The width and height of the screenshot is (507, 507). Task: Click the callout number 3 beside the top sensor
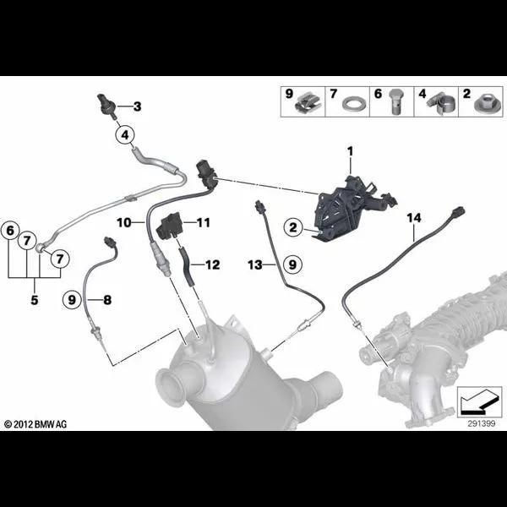pyautogui.click(x=138, y=106)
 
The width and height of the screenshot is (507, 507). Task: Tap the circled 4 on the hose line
pyautogui.click(x=125, y=135)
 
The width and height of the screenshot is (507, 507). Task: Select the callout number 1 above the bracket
pyautogui.click(x=350, y=151)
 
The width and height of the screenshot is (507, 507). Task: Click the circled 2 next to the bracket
pyautogui.click(x=293, y=227)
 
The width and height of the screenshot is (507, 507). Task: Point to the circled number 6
pyautogui.click(x=10, y=231)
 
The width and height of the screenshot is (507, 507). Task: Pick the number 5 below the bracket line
pyautogui.click(x=35, y=300)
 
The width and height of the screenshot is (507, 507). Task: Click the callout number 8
pyautogui.click(x=107, y=300)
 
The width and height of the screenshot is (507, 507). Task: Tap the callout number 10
pyautogui.click(x=124, y=222)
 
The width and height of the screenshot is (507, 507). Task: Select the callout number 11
pyautogui.click(x=204, y=222)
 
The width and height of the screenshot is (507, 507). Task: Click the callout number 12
pyautogui.click(x=213, y=264)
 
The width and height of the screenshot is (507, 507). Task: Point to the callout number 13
pyautogui.click(x=255, y=264)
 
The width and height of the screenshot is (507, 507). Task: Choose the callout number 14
pyautogui.click(x=414, y=218)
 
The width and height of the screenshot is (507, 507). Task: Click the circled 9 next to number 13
pyautogui.click(x=292, y=264)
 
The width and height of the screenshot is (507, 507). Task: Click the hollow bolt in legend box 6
pyautogui.click(x=395, y=101)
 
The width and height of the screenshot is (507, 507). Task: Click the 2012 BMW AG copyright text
pyautogui.click(x=35, y=424)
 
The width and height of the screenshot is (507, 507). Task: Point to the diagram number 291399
pyautogui.click(x=482, y=423)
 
